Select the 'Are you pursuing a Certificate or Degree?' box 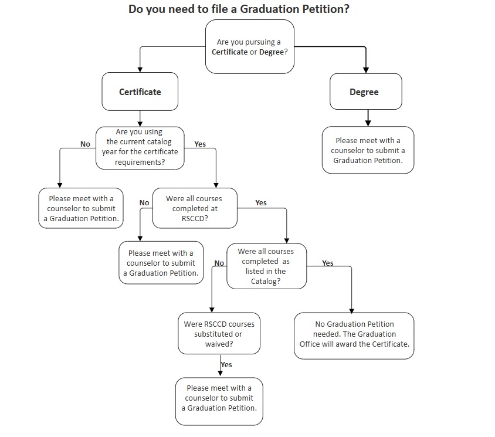point(249,47)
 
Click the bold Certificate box point(140,92)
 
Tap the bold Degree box point(364,92)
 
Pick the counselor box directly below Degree point(368,150)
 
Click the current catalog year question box point(140,147)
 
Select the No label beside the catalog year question point(85,144)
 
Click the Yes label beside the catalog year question point(200,144)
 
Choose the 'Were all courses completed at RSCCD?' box point(195,208)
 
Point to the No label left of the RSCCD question point(144,203)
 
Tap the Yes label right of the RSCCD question point(261,203)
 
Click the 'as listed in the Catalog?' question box point(266,266)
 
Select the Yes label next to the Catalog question point(328,263)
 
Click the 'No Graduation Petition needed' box point(354,334)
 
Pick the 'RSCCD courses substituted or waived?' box point(219,334)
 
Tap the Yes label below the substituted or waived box point(226,365)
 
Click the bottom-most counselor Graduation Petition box point(219,398)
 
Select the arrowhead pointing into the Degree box point(366,69)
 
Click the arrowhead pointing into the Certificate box point(140,69)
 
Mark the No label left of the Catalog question point(219,263)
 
